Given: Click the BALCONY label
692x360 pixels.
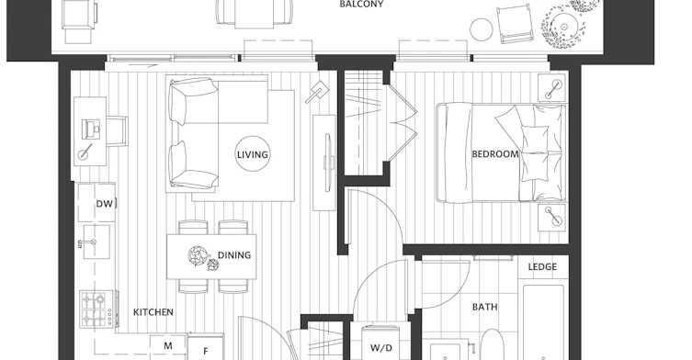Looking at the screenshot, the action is pos(361,4).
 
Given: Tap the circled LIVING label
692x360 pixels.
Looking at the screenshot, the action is pos(253,154).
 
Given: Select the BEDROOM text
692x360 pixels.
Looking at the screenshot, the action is pos(495,154).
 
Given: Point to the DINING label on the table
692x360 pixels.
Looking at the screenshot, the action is pos(234,255).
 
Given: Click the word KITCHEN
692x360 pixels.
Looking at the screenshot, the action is pos(153,312).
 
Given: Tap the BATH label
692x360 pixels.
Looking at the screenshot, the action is pos(484,307).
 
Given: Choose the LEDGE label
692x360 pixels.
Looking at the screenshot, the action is pos(542,267).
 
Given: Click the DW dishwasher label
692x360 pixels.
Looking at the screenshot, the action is pos(105,203).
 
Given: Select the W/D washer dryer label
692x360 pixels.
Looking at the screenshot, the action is pos(380,348).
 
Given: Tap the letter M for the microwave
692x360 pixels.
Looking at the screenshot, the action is pos(168,346).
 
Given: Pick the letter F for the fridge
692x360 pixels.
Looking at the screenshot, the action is pos(205,352).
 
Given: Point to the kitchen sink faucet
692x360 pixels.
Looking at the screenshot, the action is pos(87,242).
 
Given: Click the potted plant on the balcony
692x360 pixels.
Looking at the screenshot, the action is pos(564,27).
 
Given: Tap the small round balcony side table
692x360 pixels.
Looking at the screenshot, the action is pos(481,29).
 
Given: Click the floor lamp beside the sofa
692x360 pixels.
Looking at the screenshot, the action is pos(316,92).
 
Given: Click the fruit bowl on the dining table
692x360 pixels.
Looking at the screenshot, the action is pos(197,255).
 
